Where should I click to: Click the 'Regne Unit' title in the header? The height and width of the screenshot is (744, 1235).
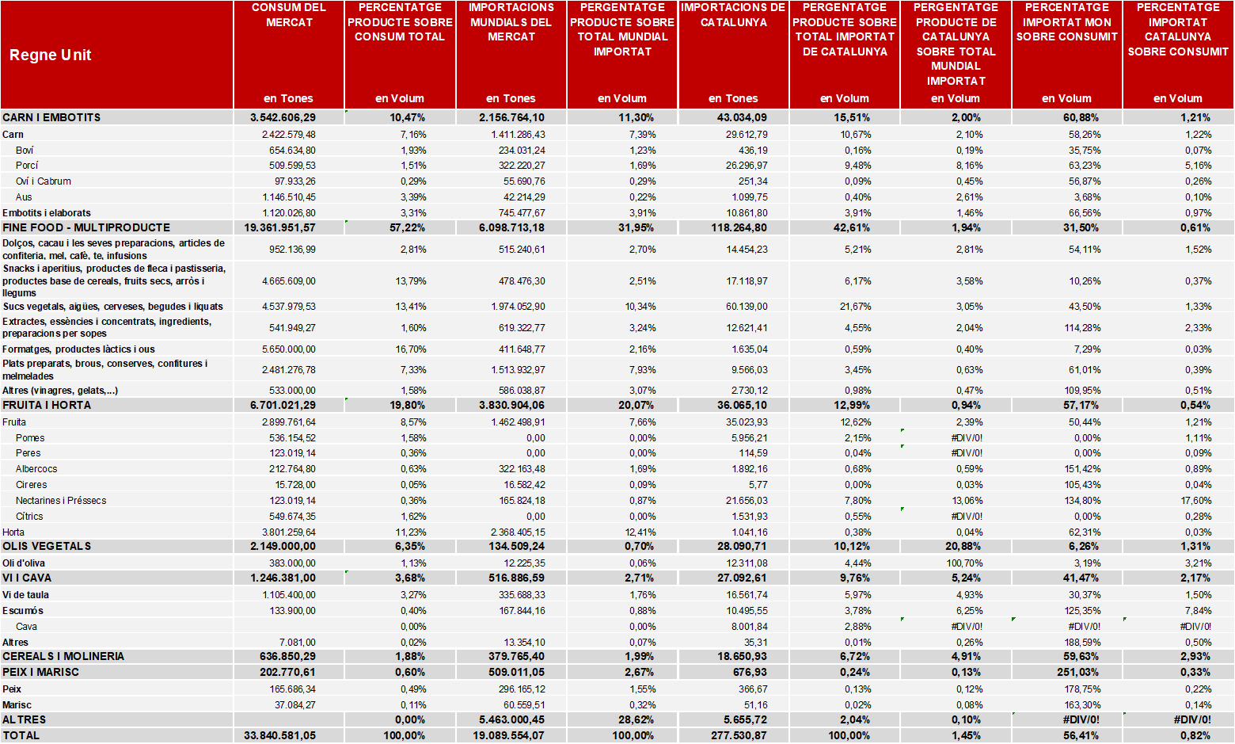[x=50, y=55]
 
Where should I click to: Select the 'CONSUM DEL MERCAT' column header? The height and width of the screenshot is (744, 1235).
[x=289, y=15]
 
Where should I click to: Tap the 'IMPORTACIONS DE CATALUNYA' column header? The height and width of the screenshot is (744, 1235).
[x=733, y=15]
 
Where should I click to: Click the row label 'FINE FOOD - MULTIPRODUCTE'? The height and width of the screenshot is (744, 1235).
[x=86, y=227]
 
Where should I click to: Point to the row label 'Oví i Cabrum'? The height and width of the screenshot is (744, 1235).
[x=43, y=181]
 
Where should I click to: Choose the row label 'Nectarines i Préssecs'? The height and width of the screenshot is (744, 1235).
[x=61, y=501]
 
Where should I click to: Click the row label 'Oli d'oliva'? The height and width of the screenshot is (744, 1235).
[x=24, y=563]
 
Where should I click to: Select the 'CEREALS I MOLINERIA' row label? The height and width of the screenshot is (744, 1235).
[x=63, y=656]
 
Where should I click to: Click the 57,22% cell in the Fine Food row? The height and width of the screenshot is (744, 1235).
[x=407, y=227]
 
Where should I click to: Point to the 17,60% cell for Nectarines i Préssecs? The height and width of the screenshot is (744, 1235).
[x=1196, y=501]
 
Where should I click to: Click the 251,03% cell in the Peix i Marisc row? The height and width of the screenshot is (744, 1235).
[x=1081, y=672]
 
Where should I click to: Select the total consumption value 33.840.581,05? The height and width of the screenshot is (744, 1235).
[x=280, y=736]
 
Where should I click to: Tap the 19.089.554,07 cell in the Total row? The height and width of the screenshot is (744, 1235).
[x=508, y=736]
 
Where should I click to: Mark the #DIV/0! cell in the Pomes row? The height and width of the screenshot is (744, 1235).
[x=967, y=437]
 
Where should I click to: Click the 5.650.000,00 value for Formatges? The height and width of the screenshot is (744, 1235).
[x=289, y=349]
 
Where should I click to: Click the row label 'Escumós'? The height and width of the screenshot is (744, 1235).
[x=23, y=610]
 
